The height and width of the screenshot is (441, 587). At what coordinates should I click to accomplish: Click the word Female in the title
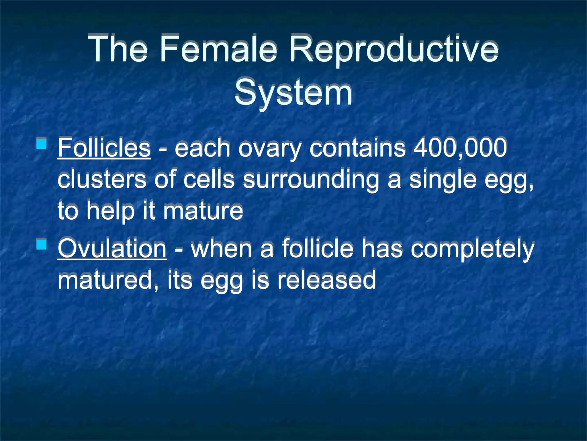click(218, 48)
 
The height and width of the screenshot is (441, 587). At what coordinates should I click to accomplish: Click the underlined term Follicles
click(104, 148)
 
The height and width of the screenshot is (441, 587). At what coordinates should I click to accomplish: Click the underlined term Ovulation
click(112, 249)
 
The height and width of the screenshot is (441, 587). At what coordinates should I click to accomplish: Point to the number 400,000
click(460, 148)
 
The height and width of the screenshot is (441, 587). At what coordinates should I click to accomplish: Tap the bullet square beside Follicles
click(42, 143)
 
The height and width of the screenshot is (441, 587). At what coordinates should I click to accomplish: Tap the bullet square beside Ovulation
click(42, 244)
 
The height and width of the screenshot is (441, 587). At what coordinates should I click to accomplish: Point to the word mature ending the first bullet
click(203, 211)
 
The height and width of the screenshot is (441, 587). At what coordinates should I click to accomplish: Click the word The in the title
click(118, 48)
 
